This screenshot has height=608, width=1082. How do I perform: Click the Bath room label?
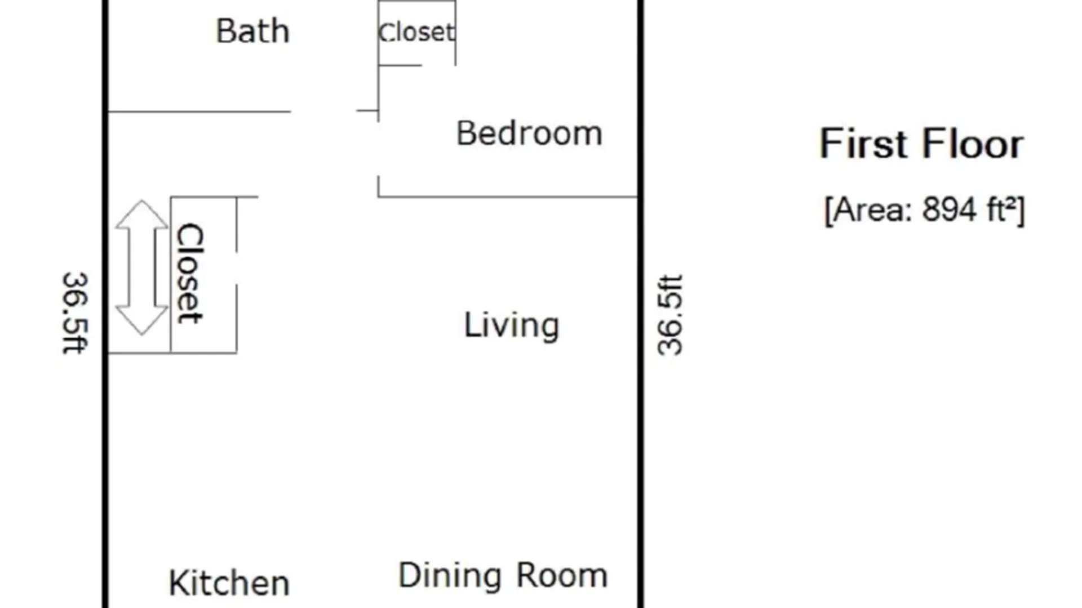[253, 31]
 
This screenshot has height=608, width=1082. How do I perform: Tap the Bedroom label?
[529, 133]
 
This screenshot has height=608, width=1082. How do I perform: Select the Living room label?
[512, 326]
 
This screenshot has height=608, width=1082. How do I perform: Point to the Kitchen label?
[229, 583]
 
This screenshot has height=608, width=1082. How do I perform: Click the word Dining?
[450, 576]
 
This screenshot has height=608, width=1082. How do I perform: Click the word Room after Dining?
[562, 575]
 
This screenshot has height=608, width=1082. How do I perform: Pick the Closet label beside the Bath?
[416, 32]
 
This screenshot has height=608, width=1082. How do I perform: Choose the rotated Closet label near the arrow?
[190, 274]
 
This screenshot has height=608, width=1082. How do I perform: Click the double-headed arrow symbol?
[141, 268]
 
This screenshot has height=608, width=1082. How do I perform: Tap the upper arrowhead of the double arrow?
[141, 214]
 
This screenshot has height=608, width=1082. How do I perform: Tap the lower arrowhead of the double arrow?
[141, 321]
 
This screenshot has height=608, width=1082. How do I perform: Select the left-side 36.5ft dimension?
[75, 313]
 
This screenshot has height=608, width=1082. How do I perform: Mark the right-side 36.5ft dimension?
[670, 315]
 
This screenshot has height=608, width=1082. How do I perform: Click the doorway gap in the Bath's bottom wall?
[323, 111]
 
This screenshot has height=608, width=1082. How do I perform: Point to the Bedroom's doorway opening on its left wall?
[378, 149]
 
